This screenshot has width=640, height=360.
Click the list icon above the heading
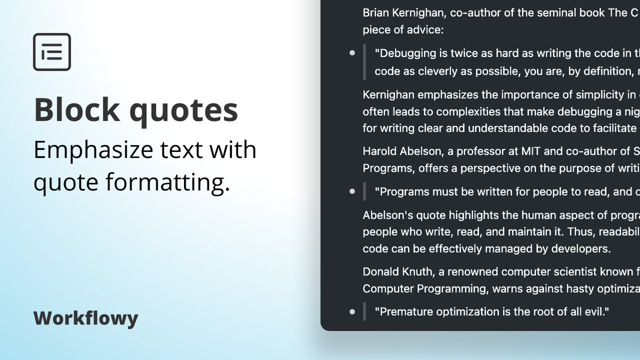52,52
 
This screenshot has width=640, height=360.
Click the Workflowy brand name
86,318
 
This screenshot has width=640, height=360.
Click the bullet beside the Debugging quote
352,53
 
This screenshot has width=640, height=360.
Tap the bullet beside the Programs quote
352,191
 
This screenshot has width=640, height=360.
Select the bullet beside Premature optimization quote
352,311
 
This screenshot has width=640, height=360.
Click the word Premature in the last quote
404,311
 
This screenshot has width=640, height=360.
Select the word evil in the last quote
596,311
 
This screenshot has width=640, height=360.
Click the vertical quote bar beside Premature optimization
365,311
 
